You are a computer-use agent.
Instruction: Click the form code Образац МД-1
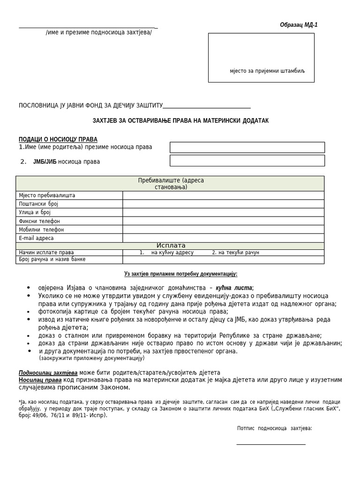(299, 25)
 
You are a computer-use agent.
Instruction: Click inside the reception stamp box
(261, 54)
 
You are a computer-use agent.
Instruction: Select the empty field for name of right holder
(247, 147)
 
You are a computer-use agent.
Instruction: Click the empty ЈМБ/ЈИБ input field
(247, 161)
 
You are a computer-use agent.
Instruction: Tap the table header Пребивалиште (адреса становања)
(171, 184)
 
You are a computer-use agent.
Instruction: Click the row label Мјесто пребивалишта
(47, 195)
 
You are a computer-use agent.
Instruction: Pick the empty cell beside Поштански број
(223, 204)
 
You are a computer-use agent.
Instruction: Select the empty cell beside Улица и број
(223, 212)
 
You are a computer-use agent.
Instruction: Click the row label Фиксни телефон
(39, 221)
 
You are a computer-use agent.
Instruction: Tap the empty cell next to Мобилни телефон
(223, 230)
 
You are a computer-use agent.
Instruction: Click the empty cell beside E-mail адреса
(223, 238)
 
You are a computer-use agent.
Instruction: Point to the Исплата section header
(171, 246)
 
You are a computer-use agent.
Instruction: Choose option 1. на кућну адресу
(166, 253)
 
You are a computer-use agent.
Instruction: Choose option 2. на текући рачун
(235, 253)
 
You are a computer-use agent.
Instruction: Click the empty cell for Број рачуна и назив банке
(223, 260)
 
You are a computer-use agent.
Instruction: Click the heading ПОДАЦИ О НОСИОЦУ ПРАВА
(58, 139)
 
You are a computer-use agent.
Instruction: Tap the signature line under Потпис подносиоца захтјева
(271, 443)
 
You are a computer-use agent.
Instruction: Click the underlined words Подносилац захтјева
(48, 373)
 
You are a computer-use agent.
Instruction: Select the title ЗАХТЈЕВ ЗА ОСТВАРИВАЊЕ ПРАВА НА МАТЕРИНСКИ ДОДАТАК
(180, 121)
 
